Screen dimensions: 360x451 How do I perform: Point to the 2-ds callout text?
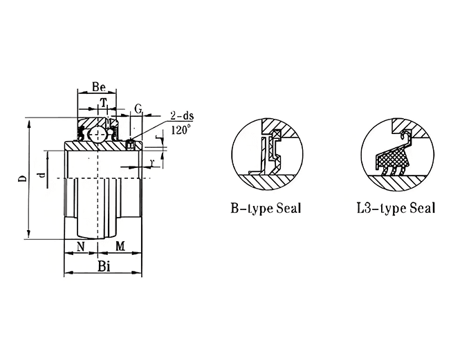(181, 117)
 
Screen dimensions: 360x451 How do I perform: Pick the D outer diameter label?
(22, 179)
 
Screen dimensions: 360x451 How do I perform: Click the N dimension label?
(81, 246)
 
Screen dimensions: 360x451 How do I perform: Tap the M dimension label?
(119, 246)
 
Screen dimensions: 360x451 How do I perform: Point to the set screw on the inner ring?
(130, 143)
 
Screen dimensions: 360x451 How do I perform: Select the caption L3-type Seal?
(395, 209)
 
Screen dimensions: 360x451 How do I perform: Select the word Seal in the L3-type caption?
(423, 207)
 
